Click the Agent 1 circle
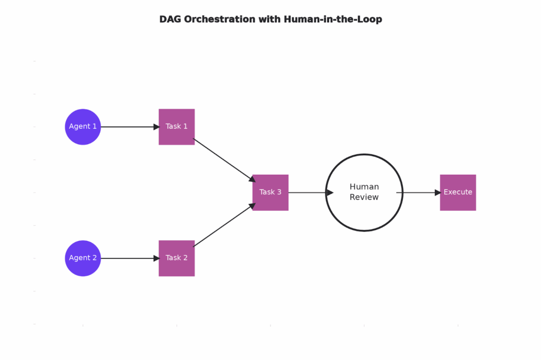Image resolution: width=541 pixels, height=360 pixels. pyautogui.click(x=83, y=127)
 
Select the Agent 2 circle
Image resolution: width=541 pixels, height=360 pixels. pyautogui.click(x=83, y=258)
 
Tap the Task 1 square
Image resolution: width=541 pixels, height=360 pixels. pyautogui.click(x=176, y=127)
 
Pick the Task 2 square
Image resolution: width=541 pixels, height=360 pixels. pyautogui.click(x=176, y=258)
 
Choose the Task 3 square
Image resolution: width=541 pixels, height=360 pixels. pyautogui.click(x=270, y=193)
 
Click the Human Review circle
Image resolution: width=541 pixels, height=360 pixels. pyautogui.click(x=365, y=211)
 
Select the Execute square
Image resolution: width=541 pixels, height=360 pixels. pyautogui.click(x=458, y=193)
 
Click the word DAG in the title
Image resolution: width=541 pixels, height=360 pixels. pyautogui.click(x=170, y=20)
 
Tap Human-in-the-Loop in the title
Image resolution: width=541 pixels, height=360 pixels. pyautogui.click(x=333, y=20)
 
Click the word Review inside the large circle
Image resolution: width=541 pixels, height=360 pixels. pyautogui.click(x=364, y=197)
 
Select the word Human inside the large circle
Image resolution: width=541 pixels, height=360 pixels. pyautogui.click(x=364, y=187)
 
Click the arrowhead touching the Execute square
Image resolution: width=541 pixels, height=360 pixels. pyautogui.click(x=437, y=193)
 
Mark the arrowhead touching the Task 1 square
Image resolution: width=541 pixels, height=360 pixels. pyautogui.click(x=156, y=127)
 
